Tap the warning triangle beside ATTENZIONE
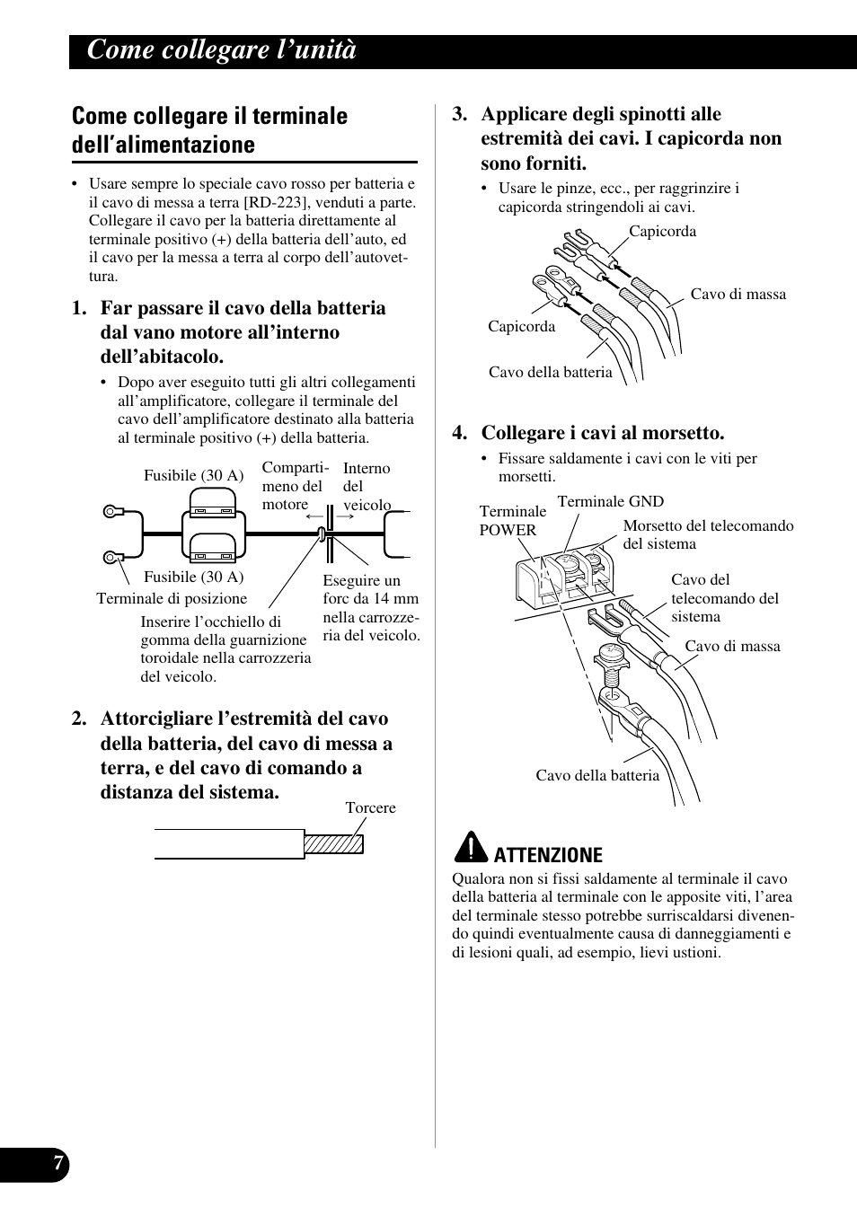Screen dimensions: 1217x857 pyautogui.click(x=469, y=848)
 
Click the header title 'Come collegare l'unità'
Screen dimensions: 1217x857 pyautogui.click(x=222, y=51)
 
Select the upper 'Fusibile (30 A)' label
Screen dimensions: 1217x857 pyautogui.click(x=193, y=475)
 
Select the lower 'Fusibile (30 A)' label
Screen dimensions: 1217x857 pyautogui.click(x=193, y=577)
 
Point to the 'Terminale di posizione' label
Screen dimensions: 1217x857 pyautogui.click(x=172, y=598)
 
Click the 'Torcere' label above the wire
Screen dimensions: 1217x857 pyautogui.click(x=370, y=807)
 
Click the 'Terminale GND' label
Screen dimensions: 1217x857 pyautogui.click(x=610, y=501)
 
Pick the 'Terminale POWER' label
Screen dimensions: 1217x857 pyautogui.click(x=512, y=521)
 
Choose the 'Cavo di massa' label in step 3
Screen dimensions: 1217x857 pyautogui.click(x=738, y=294)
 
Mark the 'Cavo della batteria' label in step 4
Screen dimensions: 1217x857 pyautogui.click(x=597, y=775)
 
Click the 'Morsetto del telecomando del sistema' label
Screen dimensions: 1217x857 pyautogui.click(x=708, y=534)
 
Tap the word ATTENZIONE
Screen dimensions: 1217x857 pyautogui.click(x=548, y=854)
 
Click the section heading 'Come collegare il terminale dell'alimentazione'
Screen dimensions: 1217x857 pyautogui.click(x=209, y=130)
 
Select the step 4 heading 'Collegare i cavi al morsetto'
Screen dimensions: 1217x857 pyautogui.click(x=602, y=433)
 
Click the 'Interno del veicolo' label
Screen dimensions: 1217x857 pyautogui.click(x=367, y=486)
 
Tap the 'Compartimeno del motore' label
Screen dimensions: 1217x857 pyautogui.click(x=295, y=486)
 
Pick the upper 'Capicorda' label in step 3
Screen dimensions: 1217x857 pyautogui.click(x=662, y=231)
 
